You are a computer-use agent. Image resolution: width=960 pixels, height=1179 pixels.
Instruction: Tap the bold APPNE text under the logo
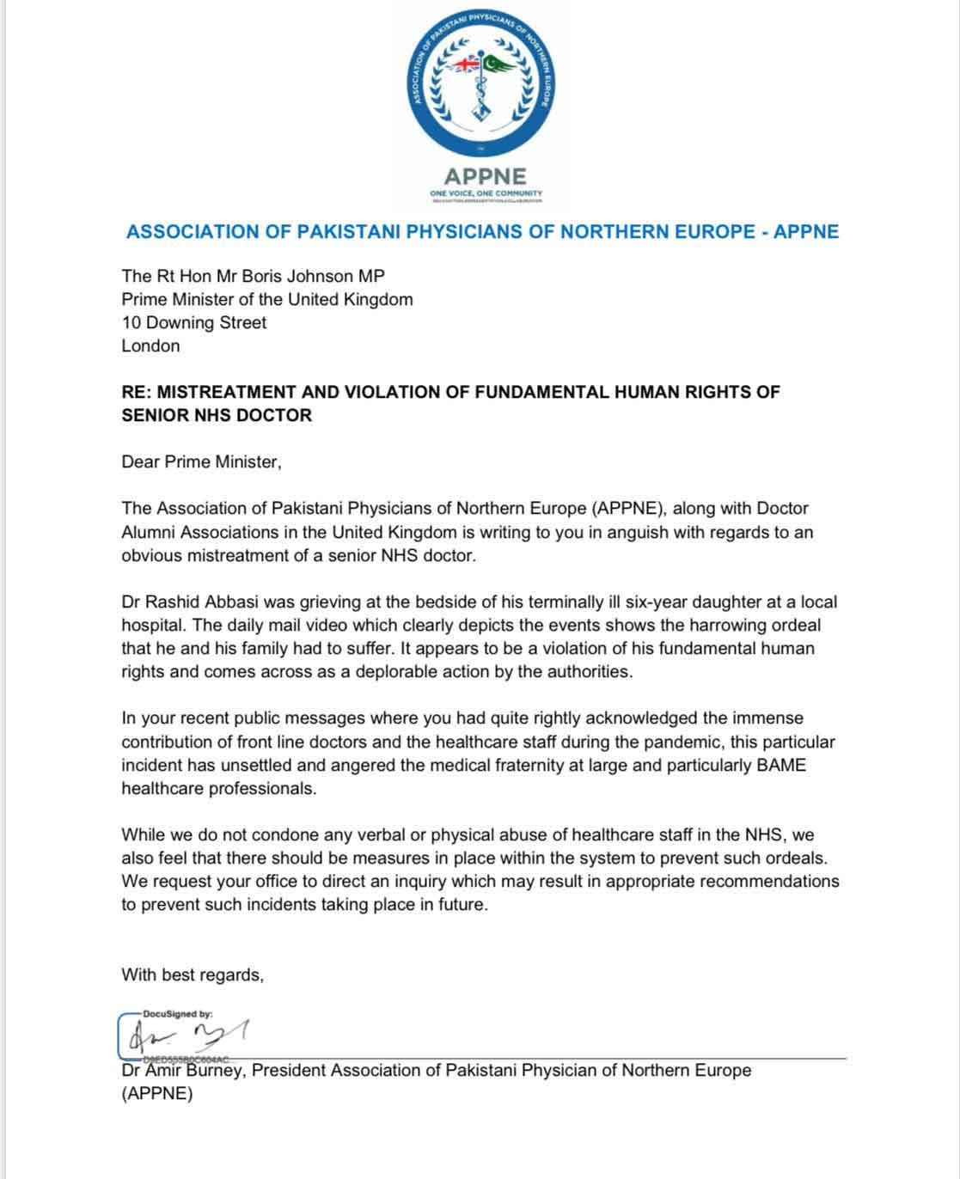coord(486,176)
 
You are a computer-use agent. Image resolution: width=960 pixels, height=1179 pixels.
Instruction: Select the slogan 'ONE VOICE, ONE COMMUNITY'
coord(486,193)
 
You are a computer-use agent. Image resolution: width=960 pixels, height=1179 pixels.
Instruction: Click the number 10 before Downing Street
coord(131,322)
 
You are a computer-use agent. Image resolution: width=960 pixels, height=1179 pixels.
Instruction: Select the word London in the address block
coord(150,345)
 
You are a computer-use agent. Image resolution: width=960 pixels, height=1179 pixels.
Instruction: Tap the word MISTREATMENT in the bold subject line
coord(228,392)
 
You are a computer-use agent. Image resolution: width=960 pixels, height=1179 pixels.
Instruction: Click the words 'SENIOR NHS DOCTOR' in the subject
coord(217,415)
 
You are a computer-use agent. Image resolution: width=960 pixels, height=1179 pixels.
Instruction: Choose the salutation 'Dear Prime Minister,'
coord(201,461)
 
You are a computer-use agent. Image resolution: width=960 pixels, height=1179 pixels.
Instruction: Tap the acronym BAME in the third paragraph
coord(780,764)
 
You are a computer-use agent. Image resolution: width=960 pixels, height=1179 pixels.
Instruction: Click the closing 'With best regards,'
coord(193,974)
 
